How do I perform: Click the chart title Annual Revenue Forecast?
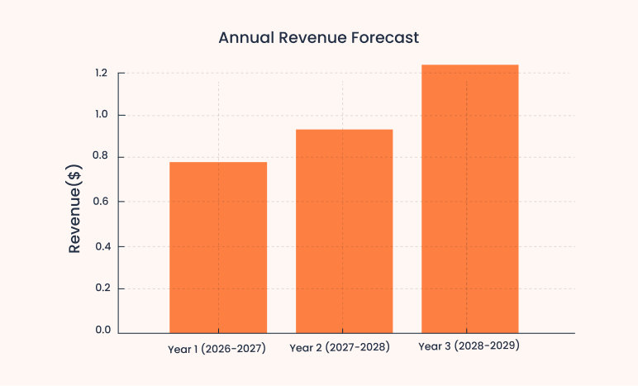click(318, 38)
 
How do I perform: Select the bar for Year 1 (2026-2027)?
click(218, 248)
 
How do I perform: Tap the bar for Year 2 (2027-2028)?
click(344, 231)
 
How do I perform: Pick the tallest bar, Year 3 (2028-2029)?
click(469, 198)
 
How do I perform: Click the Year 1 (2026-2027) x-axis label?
click(217, 349)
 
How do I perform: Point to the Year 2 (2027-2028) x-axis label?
click(340, 347)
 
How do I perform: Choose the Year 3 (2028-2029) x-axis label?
click(469, 345)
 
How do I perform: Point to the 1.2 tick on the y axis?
click(102, 73)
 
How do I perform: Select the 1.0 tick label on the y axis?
click(102, 115)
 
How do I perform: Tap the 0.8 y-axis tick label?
click(102, 157)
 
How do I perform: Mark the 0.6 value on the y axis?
click(102, 202)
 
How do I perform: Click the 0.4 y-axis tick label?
click(102, 246)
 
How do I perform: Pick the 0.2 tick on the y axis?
click(102, 288)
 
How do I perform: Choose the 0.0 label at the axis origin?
click(102, 331)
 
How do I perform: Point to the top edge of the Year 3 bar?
click(469, 65)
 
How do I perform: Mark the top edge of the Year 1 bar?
click(218, 163)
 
